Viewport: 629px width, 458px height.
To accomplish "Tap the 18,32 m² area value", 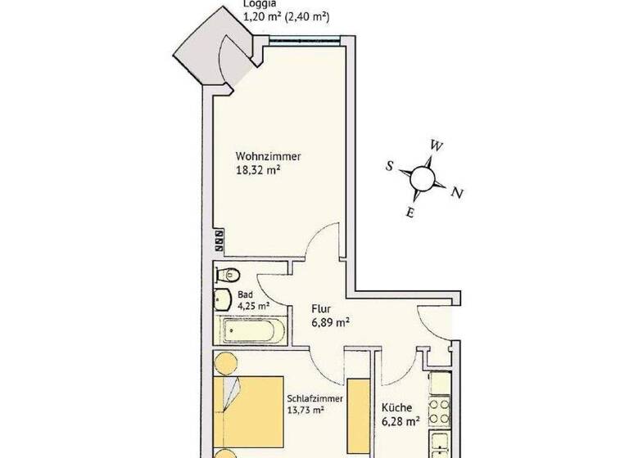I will pos(258,171).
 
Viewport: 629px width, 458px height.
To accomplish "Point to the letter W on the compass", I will pos(437,146).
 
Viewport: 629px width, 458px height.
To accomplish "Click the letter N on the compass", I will pos(459,194).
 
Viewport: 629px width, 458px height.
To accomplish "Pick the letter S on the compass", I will pos(390,166).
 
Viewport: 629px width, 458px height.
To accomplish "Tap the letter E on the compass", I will pos(411,213).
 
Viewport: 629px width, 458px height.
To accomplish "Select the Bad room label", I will pos(245,295).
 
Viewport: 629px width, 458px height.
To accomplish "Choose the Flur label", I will pos(320,309).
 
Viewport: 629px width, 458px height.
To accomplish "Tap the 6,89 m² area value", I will pos(330,323).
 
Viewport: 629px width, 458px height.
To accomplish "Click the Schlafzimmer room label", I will pos(314,398).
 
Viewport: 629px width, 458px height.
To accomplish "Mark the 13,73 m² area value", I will pos(306,412).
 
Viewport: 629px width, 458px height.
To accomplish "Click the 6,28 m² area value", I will pos(400,422).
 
